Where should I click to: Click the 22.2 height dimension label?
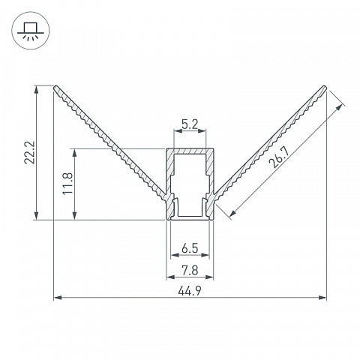click(x=29, y=152)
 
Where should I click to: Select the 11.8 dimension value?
click(x=67, y=183)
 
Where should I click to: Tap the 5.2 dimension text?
click(x=190, y=124)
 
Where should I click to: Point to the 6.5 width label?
click(x=190, y=248)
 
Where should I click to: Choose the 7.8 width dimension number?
click(x=190, y=271)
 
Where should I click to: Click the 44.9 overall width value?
click(x=190, y=291)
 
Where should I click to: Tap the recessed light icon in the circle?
click(x=31, y=31)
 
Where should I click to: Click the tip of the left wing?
click(x=55, y=86)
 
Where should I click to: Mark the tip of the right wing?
click(x=325, y=87)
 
